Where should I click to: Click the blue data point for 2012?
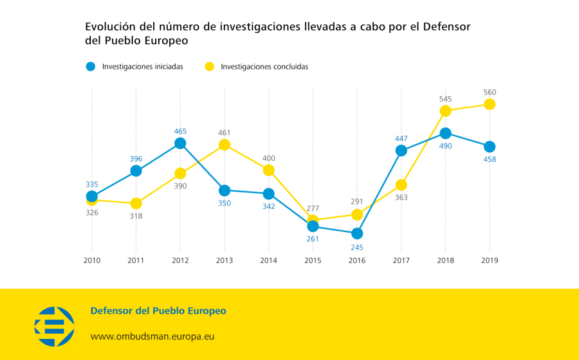180,143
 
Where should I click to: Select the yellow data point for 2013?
225,145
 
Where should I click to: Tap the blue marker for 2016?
357,233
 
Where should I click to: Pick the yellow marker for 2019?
490,104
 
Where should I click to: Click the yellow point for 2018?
445,111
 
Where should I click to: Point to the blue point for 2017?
401,150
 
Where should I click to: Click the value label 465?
180,131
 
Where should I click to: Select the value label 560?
490,92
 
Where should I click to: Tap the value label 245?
357,246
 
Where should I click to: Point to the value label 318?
136,216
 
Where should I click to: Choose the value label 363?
401,197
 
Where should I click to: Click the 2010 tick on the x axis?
92,260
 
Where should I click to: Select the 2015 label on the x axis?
313,260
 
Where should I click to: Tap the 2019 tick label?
490,260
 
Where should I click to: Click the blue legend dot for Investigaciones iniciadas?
91,66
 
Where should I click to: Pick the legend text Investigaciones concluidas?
264,66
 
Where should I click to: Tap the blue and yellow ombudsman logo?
55,323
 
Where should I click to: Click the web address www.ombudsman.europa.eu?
152,336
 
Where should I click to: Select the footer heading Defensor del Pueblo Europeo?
158,311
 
